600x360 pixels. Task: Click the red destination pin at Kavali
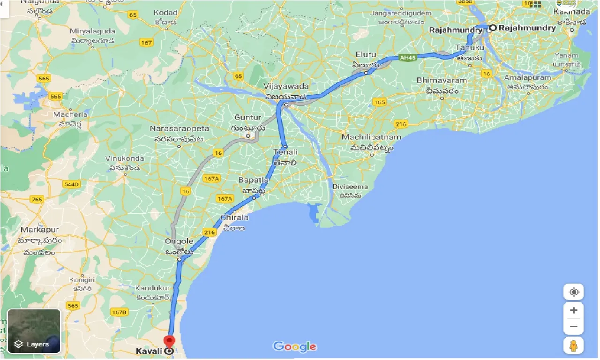pos(169,341)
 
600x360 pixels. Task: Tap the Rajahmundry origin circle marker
pos(493,28)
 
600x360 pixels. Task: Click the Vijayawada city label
pos(286,86)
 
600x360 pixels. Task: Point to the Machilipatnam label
pos(371,137)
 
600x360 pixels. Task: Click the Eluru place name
pos(366,54)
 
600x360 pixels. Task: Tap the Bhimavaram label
pos(442,80)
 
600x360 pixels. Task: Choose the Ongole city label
pos(179,242)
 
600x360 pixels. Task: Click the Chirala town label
pos(234,217)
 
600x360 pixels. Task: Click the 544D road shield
pos(72,184)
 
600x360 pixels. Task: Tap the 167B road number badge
pos(120,312)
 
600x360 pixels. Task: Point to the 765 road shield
pos(37,199)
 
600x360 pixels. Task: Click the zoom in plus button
pos(574,310)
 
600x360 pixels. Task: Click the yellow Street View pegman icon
pos(574,345)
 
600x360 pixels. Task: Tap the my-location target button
pos(574,292)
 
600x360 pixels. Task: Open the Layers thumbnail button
pos(34,331)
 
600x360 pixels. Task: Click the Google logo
pos(295,347)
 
